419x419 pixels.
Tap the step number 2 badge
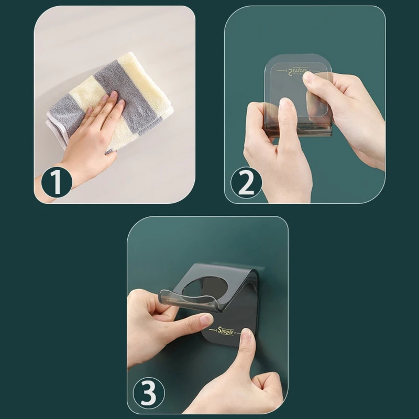(246, 183)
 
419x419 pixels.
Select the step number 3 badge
(149, 392)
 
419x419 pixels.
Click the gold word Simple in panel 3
(226, 330)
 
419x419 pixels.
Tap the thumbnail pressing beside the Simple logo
(246, 335)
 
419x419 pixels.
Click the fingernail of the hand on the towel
(114, 94)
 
